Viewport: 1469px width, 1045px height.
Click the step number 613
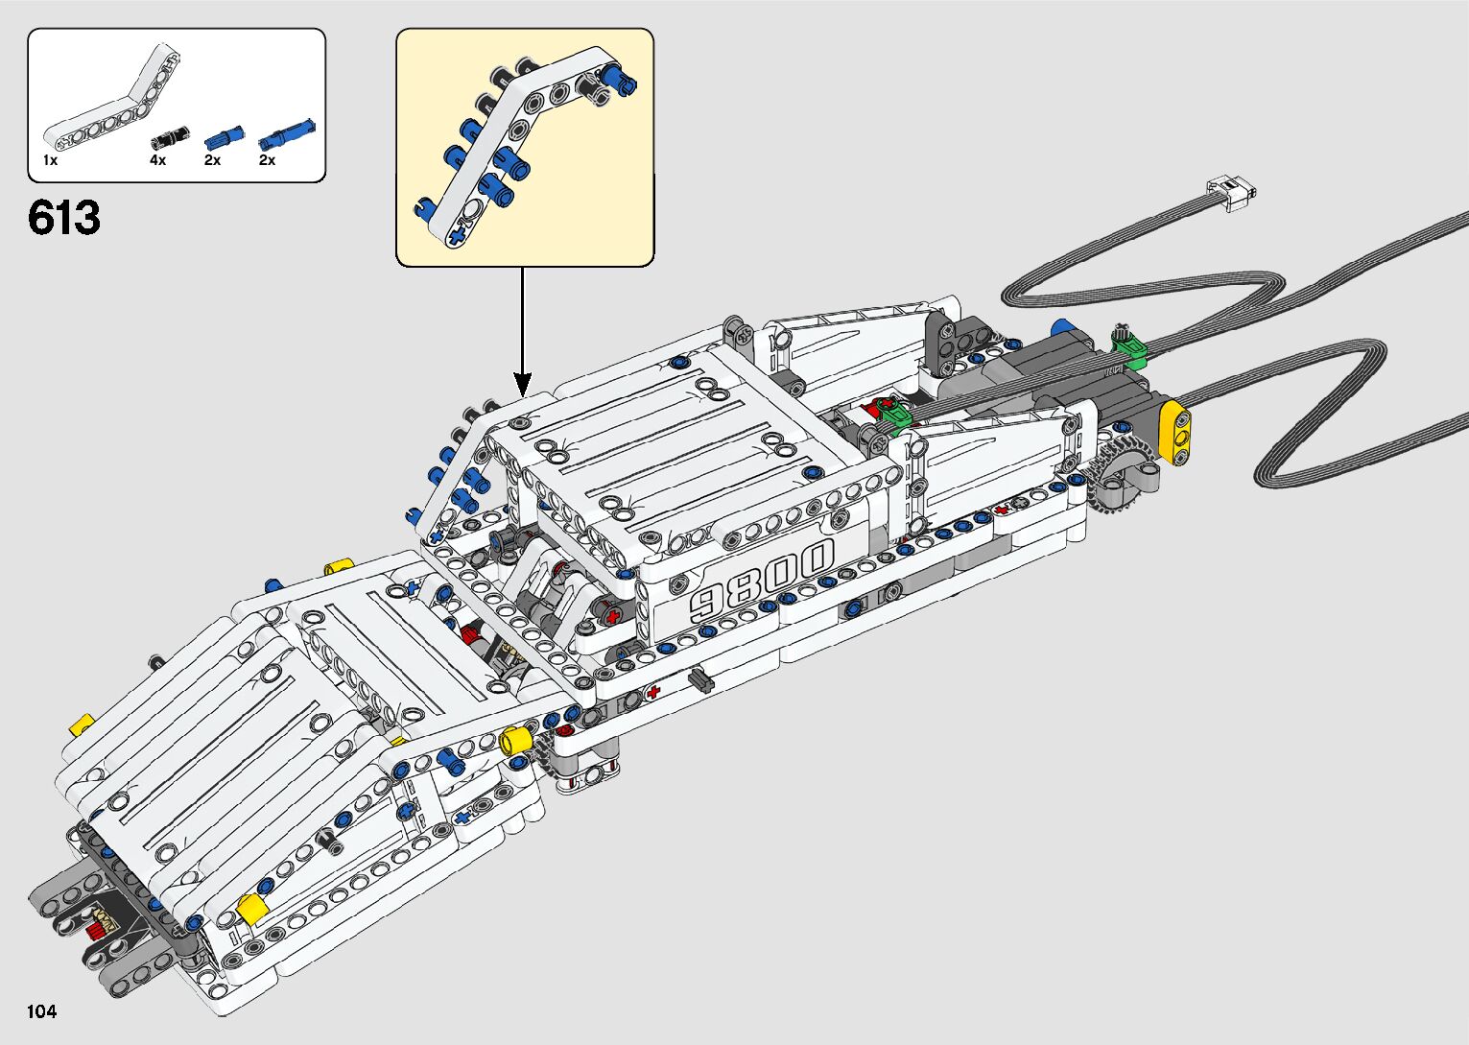tap(64, 219)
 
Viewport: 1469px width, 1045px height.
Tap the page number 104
tap(42, 1011)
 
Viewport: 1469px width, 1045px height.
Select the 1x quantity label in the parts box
tap(50, 161)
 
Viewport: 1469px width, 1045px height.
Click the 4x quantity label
tap(157, 161)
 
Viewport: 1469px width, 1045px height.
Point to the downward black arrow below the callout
tap(523, 331)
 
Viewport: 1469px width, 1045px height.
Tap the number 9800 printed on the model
tap(763, 582)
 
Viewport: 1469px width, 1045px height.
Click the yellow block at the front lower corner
tap(251, 908)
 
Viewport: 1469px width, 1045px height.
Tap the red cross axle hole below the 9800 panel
tap(654, 691)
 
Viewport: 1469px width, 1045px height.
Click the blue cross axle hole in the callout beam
tap(457, 233)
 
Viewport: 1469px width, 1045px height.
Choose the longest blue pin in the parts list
tap(287, 133)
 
